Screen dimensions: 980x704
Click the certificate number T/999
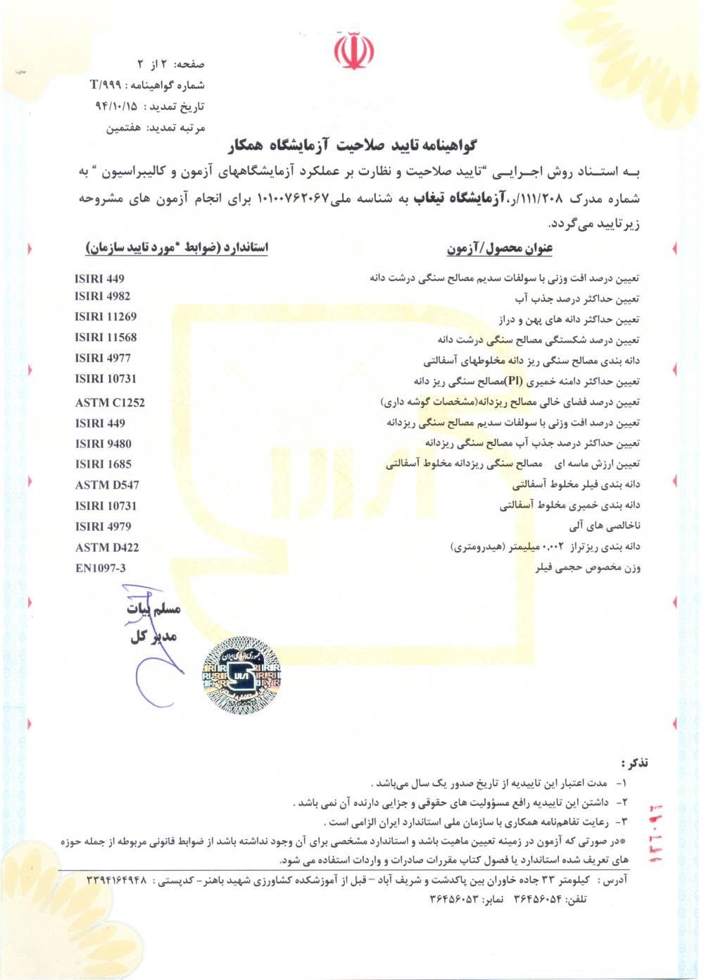pyautogui.click(x=106, y=85)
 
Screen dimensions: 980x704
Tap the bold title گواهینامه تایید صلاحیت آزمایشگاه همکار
pyautogui.click(x=352, y=146)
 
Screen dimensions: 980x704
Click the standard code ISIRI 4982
pyautogui.click(x=102, y=296)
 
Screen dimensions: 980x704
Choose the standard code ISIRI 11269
pyautogui.click(x=106, y=316)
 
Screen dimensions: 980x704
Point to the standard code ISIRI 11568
pyautogui.click(x=106, y=337)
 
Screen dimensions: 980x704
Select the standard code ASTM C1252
pyautogui.click(x=110, y=402)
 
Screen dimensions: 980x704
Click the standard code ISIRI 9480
pyautogui.click(x=103, y=443)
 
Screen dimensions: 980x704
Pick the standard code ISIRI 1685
pyautogui.click(x=103, y=464)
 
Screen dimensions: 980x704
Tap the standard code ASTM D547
pyautogui.click(x=107, y=485)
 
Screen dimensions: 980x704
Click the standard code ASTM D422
pyautogui.click(x=107, y=547)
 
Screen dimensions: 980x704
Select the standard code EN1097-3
pyautogui.click(x=101, y=568)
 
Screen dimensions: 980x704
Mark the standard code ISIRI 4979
pyautogui.click(x=103, y=526)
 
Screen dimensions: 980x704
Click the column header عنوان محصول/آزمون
pyautogui.click(x=499, y=248)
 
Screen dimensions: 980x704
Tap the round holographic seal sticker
pyautogui.click(x=241, y=675)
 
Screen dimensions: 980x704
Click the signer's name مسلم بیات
pyautogui.click(x=153, y=608)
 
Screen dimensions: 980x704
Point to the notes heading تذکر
pyautogui.click(x=634, y=763)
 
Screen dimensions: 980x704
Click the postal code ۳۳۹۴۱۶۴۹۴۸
pyautogui.click(x=117, y=880)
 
